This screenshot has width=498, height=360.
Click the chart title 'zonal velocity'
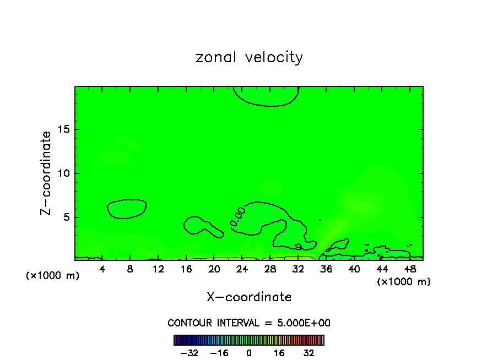pos(249,57)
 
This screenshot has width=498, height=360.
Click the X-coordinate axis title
pos(249,297)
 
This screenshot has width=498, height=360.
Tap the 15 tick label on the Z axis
pos(64,129)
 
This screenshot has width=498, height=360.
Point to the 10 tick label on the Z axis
pos(64,173)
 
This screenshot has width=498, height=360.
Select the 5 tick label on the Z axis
pos(67,217)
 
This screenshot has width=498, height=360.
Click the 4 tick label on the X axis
pos(102,269)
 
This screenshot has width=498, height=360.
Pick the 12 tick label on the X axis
pos(158,269)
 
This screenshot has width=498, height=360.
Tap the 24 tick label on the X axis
pos(242,269)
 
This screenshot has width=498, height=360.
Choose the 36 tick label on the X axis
pos(326,269)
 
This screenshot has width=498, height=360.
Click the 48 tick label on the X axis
pos(409,269)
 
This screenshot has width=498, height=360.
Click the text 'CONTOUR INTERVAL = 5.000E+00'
pos(249,323)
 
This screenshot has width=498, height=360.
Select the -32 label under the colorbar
pos(189,353)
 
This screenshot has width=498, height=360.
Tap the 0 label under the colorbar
pos(249,353)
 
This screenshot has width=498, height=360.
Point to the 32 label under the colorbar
pos(308,353)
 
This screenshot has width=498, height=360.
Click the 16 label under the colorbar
pos(279,353)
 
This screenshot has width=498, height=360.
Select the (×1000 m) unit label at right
pos(403,282)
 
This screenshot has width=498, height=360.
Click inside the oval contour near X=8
pos(127,209)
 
